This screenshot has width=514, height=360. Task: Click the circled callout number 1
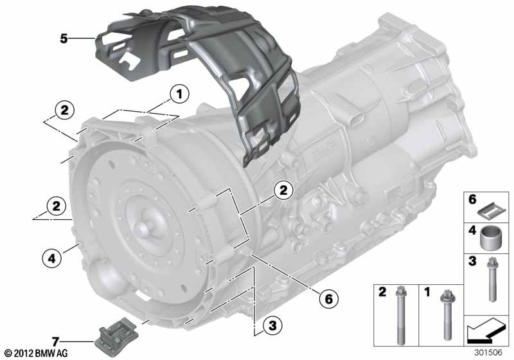pyautogui.click(x=179, y=94)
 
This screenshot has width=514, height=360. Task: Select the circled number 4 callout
pyautogui.click(x=52, y=258)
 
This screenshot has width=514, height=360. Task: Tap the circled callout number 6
pyautogui.click(x=328, y=299)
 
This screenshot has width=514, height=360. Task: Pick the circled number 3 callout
pyautogui.click(x=272, y=325)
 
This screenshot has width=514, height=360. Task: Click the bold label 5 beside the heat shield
pyautogui.click(x=64, y=39)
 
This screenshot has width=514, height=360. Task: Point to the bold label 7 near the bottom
pyautogui.click(x=55, y=342)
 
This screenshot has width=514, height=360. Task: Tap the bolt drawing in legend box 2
pyautogui.click(x=400, y=315)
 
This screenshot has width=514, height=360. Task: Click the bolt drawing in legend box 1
pyautogui.click(x=446, y=315)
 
